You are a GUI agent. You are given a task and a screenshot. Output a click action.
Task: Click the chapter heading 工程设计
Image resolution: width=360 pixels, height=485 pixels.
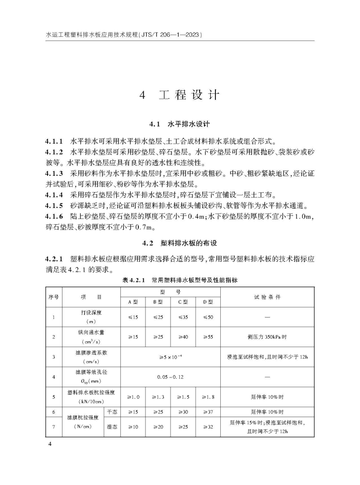coord(180,95)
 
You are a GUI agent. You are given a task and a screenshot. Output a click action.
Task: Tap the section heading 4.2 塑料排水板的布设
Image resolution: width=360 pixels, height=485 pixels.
coord(180,243)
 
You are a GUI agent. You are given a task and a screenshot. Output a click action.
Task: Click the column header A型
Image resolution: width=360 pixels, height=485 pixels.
coord(133,302)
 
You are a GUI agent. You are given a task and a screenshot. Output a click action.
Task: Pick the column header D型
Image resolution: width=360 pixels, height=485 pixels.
coord(208,302)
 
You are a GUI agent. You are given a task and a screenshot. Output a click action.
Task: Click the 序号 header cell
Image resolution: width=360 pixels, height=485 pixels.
coord(53,297)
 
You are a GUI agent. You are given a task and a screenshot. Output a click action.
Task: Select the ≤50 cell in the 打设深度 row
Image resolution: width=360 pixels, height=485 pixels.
coord(208,317)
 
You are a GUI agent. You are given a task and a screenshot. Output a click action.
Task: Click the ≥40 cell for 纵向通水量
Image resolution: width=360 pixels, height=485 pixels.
coord(183,337)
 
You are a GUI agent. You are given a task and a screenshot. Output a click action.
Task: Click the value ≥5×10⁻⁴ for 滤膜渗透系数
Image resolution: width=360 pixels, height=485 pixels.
coord(170,357)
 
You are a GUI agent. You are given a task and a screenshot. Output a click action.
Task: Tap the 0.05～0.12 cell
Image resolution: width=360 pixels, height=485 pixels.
coord(170,377)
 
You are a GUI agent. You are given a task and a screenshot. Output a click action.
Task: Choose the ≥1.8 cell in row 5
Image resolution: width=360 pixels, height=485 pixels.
coord(208,397)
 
